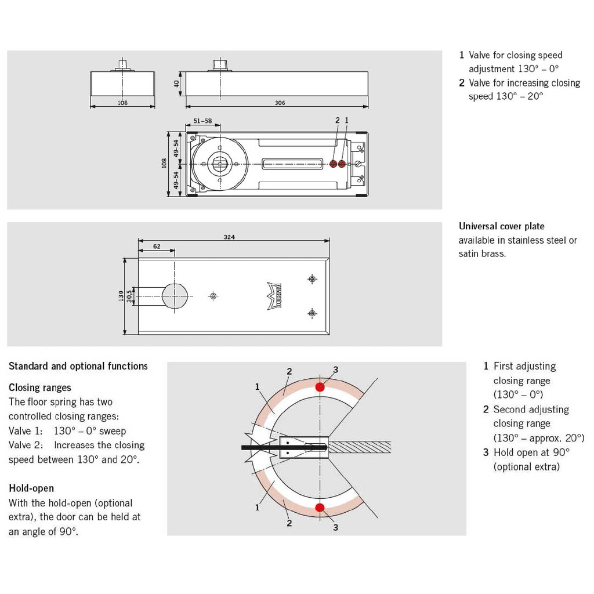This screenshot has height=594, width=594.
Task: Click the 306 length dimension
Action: pyautogui.click(x=280, y=103)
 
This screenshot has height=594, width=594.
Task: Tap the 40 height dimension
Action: pyautogui.click(x=176, y=84)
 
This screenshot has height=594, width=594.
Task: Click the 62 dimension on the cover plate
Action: pyautogui.click(x=156, y=246)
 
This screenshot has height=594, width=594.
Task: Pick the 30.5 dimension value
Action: pyautogui.click(x=130, y=296)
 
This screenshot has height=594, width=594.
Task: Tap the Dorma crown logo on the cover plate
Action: pyautogui.click(x=274, y=296)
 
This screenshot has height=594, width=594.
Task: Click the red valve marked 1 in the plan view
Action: pyautogui.click(x=342, y=164)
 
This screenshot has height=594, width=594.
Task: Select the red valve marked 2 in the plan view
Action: pyautogui.click(x=334, y=164)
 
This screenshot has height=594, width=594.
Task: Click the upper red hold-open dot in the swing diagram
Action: pyautogui.click(x=320, y=387)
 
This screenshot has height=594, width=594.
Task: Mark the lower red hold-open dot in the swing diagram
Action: pyautogui.click(x=320, y=508)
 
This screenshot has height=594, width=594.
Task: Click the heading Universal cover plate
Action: pyautogui.click(x=501, y=226)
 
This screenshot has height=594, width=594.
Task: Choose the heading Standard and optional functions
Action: pyautogui.click(x=78, y=366)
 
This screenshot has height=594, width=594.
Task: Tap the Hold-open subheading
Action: pyautogui.click(x=31, y=488)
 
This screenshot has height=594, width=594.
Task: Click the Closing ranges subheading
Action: pyautogui.click(x=40, y=387)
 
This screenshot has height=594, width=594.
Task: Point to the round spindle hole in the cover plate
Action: pyautogui.click(x=175, y=296)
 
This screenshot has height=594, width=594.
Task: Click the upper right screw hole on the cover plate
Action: pyautogui.click(x=312, y=279)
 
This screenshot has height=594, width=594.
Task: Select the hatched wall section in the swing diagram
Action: pyautogui.click(x=360, y=447)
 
